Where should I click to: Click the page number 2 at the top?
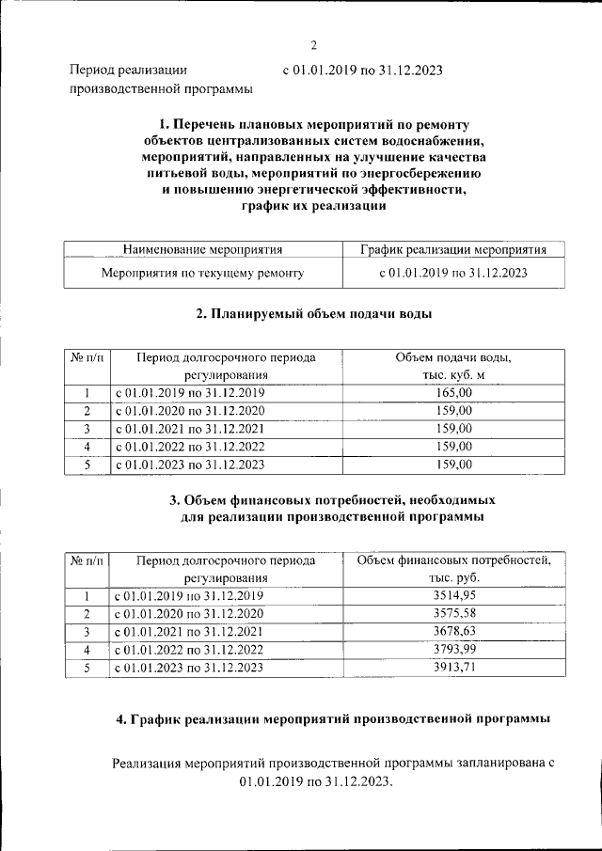point(314,44)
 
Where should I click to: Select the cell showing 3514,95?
point(455,596)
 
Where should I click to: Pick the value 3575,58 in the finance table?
point(455,614)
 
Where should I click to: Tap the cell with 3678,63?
point(455,632)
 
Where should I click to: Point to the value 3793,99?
point(455,650)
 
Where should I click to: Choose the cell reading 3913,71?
point(455,668)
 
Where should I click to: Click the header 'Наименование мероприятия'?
point(202,250)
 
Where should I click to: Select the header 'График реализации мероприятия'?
point(452,250)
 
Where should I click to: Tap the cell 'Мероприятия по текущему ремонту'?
point(202,274)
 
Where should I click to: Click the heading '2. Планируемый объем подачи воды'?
point(314,314)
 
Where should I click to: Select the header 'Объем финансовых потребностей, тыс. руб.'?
point(454,569)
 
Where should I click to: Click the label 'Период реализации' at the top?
point(128,70)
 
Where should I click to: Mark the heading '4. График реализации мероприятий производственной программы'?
point(333,719)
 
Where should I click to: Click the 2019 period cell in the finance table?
point(189,596)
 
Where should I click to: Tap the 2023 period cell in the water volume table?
point(189,465)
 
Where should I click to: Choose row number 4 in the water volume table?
point(87,447)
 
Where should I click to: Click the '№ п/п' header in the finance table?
point(87,560)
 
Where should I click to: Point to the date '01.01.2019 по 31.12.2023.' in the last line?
point(314,782)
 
